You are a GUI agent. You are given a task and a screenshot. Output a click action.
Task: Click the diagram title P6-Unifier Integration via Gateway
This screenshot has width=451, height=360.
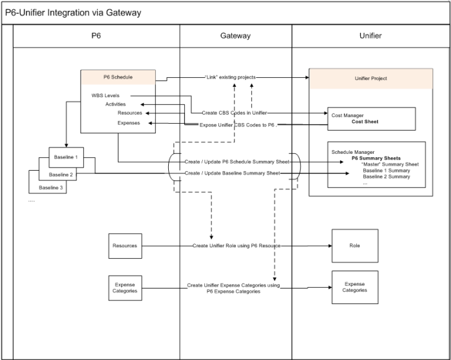(73, 13)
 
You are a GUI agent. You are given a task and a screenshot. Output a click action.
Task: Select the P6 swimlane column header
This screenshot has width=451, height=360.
(96, 36)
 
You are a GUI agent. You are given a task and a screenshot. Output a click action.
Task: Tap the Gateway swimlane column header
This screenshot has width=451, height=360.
(235, 36)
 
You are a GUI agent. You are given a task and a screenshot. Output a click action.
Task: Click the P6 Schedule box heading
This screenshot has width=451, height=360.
(118, 77)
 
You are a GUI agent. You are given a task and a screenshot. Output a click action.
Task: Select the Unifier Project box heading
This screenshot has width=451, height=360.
(370, 79)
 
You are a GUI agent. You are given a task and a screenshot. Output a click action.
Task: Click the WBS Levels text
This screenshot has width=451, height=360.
(106, 95)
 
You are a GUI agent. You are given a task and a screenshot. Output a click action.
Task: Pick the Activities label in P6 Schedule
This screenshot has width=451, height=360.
(115, 104)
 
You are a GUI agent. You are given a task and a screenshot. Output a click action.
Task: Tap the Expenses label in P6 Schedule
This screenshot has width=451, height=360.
(129, 122)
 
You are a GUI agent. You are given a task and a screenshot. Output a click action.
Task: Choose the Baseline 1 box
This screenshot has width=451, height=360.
(67, 156)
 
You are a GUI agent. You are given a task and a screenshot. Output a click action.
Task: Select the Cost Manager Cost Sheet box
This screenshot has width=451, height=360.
(371, 118)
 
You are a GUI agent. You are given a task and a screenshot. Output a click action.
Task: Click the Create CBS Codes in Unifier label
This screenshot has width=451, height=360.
(235, 113)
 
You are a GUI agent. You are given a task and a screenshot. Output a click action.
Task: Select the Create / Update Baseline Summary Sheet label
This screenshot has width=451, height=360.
(232, 173)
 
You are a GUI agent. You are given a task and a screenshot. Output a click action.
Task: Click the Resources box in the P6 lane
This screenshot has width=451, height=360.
(124, 245)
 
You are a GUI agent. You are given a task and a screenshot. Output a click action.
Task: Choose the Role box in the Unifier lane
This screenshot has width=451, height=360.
(354, 245)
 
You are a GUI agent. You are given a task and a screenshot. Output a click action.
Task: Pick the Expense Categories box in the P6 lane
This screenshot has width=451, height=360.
(124, 287)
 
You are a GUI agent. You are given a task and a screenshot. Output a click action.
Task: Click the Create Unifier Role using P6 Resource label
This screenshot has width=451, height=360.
(236, 245)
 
